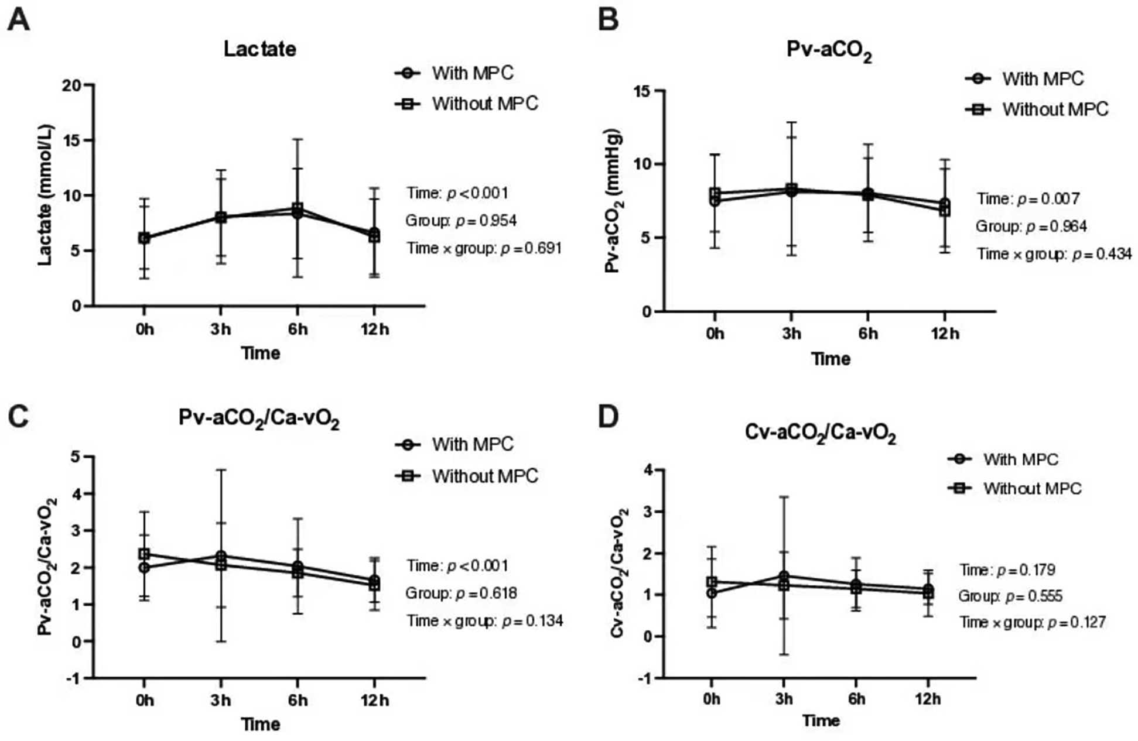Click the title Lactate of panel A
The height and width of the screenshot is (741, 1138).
click(x=259, y=49)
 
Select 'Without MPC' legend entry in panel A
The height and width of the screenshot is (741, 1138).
click(x=484, y=104)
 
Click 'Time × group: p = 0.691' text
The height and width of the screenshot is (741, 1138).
click(x=484, y=248)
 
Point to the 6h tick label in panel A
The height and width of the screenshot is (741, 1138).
click(x=298, y=329)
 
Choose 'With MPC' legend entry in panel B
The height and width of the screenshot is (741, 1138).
click(x=1043, y=78)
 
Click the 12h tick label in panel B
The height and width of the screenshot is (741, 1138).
click(x=945, y=334)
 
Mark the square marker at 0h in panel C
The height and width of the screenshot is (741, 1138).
click(x=144, y=554)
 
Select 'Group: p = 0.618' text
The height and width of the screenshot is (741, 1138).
click(x=461, y=594)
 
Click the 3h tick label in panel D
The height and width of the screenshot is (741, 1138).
click(x=784, y=699)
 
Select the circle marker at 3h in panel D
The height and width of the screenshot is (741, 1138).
click(x=784, y=576)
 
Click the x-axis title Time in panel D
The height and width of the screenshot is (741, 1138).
click(x=821, y=721)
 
